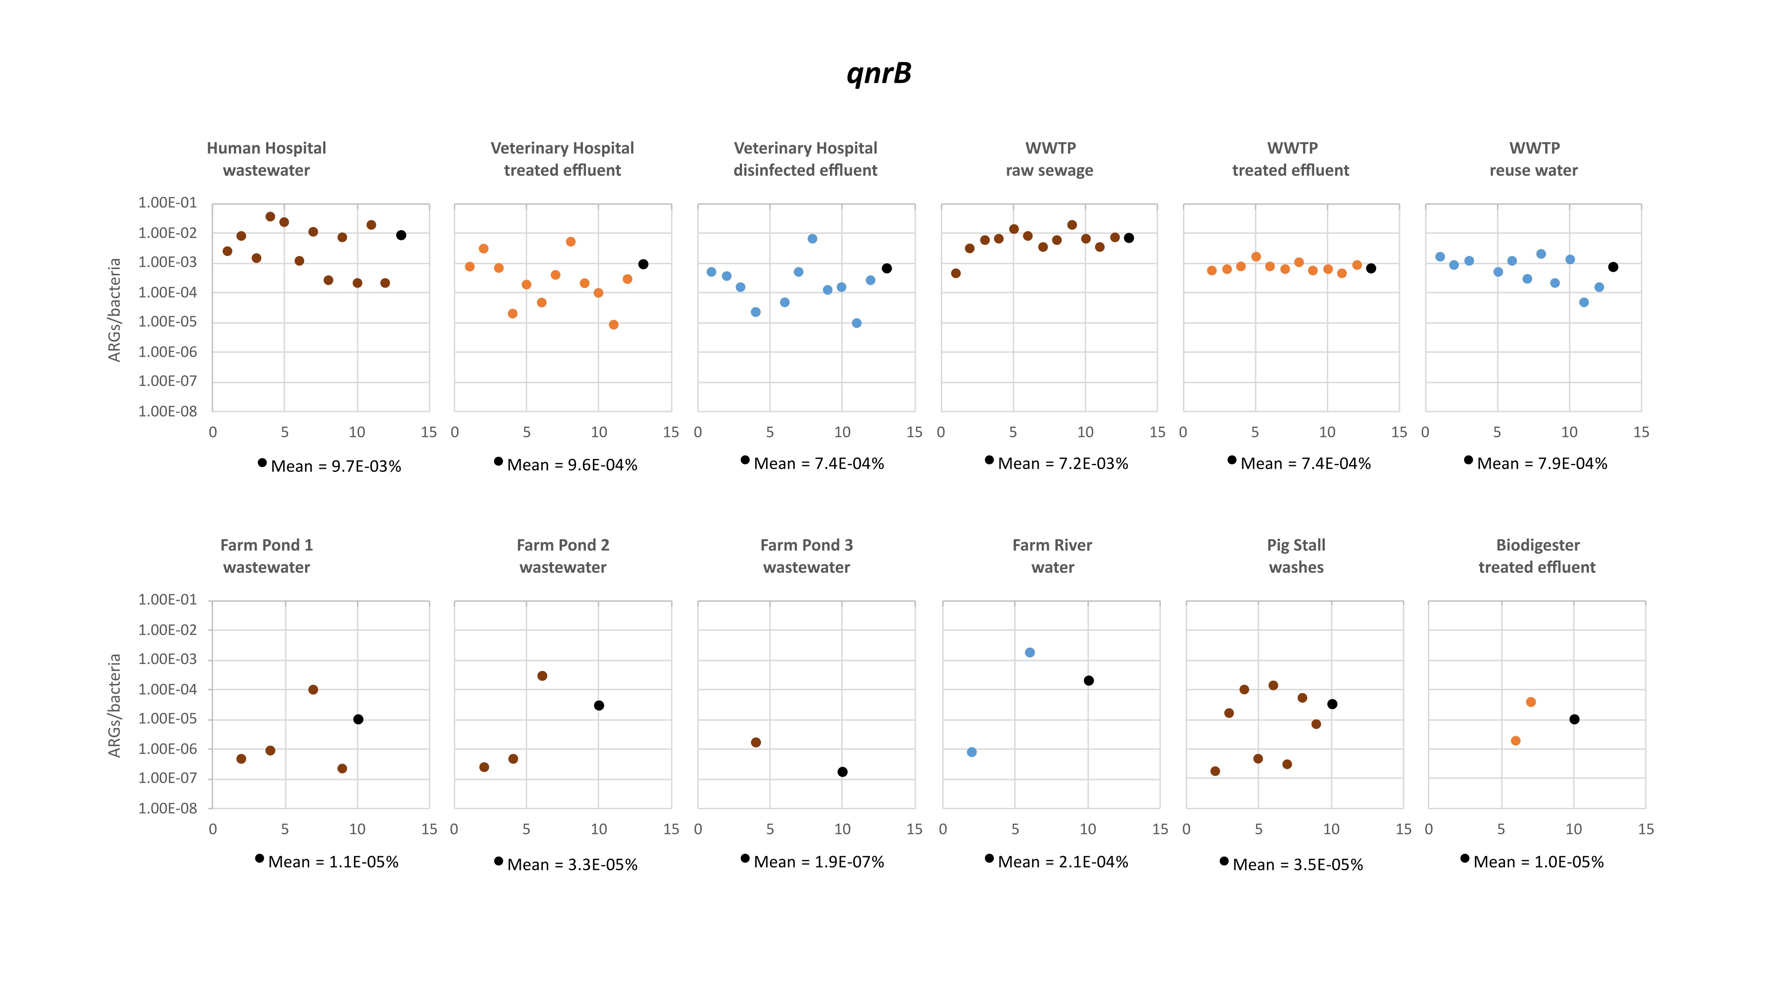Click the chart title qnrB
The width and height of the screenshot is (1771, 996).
click(x=878, y=73)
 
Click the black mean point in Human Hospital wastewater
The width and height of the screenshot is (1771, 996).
click(x=401, y=235)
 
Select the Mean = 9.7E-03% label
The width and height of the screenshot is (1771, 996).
click(x=336, y=466)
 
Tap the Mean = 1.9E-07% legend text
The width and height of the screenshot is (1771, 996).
click(x=818, y=862)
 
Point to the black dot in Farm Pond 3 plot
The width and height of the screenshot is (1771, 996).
click(x=842, y=772)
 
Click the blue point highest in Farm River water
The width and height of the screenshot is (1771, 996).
click(x=1029, y=652)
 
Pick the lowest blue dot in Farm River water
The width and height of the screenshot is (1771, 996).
click(x=971, y=752)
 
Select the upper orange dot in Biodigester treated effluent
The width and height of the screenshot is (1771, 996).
click(x=1531, y=702)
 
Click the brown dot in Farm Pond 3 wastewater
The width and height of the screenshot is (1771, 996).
click(x=756, y=742)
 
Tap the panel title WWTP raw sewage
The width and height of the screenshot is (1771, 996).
click(x=1049, y=159)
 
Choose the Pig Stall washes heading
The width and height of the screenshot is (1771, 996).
click(x=1296, y=556)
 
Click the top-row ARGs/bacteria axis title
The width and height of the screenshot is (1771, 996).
click(x=114, y=309)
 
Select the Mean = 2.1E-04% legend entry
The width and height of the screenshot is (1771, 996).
click(x=1062, y=862)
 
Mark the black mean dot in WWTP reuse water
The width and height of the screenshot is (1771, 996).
click(x=1613, y=266)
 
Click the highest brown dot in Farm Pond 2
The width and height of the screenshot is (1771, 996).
click(x=542, y=676)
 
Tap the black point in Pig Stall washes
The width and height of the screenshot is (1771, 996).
click(x=1332, y=704)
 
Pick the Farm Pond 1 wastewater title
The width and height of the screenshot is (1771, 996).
click(x=266, y=556)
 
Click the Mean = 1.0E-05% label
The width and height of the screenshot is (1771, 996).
click(x=1538, y=862)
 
